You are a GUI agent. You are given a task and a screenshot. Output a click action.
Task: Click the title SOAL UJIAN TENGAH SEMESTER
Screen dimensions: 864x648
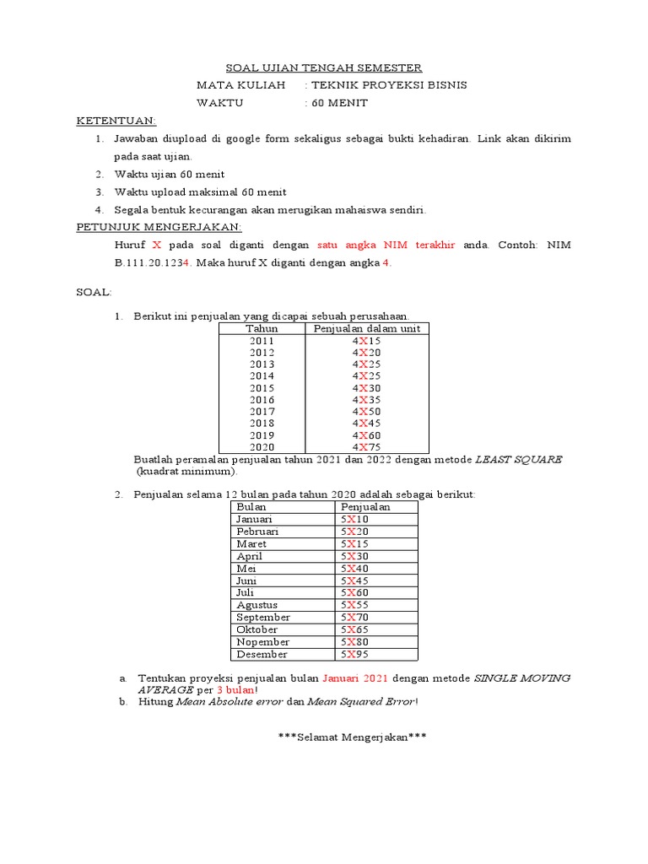(x=324, y=67)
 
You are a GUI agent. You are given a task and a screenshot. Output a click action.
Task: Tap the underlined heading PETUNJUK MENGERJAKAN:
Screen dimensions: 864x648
(x=159, y=227)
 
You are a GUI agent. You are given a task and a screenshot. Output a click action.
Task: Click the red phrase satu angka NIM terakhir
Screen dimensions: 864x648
(x=386, y=245)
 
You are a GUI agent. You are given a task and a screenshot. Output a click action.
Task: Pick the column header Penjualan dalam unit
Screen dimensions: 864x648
(x=366, y=328)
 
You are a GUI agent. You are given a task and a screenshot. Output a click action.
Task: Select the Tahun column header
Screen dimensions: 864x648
(x=262, y=328)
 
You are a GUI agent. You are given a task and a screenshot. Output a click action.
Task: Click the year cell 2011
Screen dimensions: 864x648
(x=262, y=341)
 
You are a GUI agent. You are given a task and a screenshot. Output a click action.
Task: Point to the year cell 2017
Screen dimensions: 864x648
(x=262, y=411)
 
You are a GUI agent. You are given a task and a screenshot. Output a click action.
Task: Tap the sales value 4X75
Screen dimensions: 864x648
(x=366, y=446)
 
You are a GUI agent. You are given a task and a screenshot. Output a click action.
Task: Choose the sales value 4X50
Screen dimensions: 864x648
(x=366, y=411)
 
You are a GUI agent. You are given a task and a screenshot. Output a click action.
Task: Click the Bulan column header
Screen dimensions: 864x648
(x=251, y=507)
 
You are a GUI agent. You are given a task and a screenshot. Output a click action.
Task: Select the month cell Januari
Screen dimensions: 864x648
(x=255, y=520)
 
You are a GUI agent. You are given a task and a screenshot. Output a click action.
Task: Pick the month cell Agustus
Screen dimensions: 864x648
(x=256, y=605)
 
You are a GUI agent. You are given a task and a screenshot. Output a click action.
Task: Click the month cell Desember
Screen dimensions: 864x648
(x=262, y=654)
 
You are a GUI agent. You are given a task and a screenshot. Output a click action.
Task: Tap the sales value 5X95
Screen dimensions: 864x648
(x=354, y=654)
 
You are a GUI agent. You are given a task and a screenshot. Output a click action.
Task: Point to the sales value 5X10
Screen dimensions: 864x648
(x=354, y=520)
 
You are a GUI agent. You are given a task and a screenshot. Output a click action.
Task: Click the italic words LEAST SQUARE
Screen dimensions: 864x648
(x=518, y=459)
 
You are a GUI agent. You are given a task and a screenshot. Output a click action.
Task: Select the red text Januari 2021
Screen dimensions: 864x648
(x=355, y=678)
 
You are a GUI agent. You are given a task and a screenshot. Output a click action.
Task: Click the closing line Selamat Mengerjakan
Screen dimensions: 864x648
(x=353, y=737)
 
